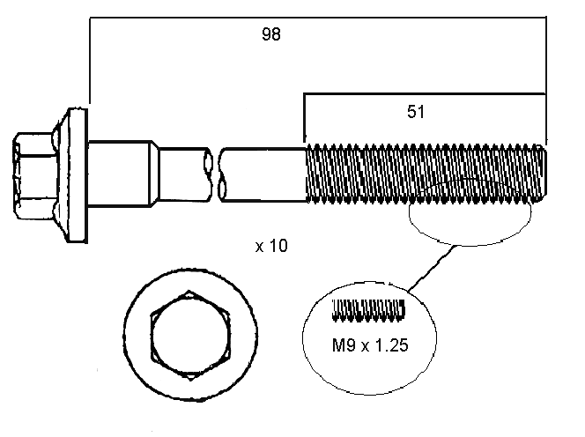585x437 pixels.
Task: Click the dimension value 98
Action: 272,35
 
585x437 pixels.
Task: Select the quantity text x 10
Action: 271,247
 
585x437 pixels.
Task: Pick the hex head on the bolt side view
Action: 33,176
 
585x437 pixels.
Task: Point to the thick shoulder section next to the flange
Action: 118,172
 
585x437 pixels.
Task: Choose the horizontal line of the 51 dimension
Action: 423,93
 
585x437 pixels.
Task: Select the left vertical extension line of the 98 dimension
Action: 90,62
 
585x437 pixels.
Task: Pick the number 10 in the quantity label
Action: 278,247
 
